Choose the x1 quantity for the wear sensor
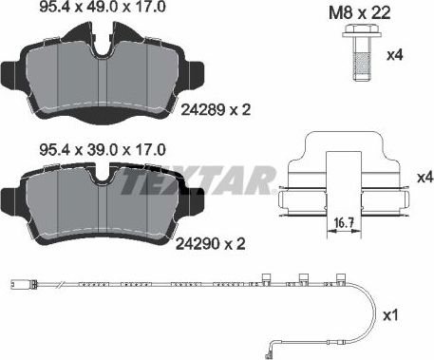(x=414, y=315)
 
